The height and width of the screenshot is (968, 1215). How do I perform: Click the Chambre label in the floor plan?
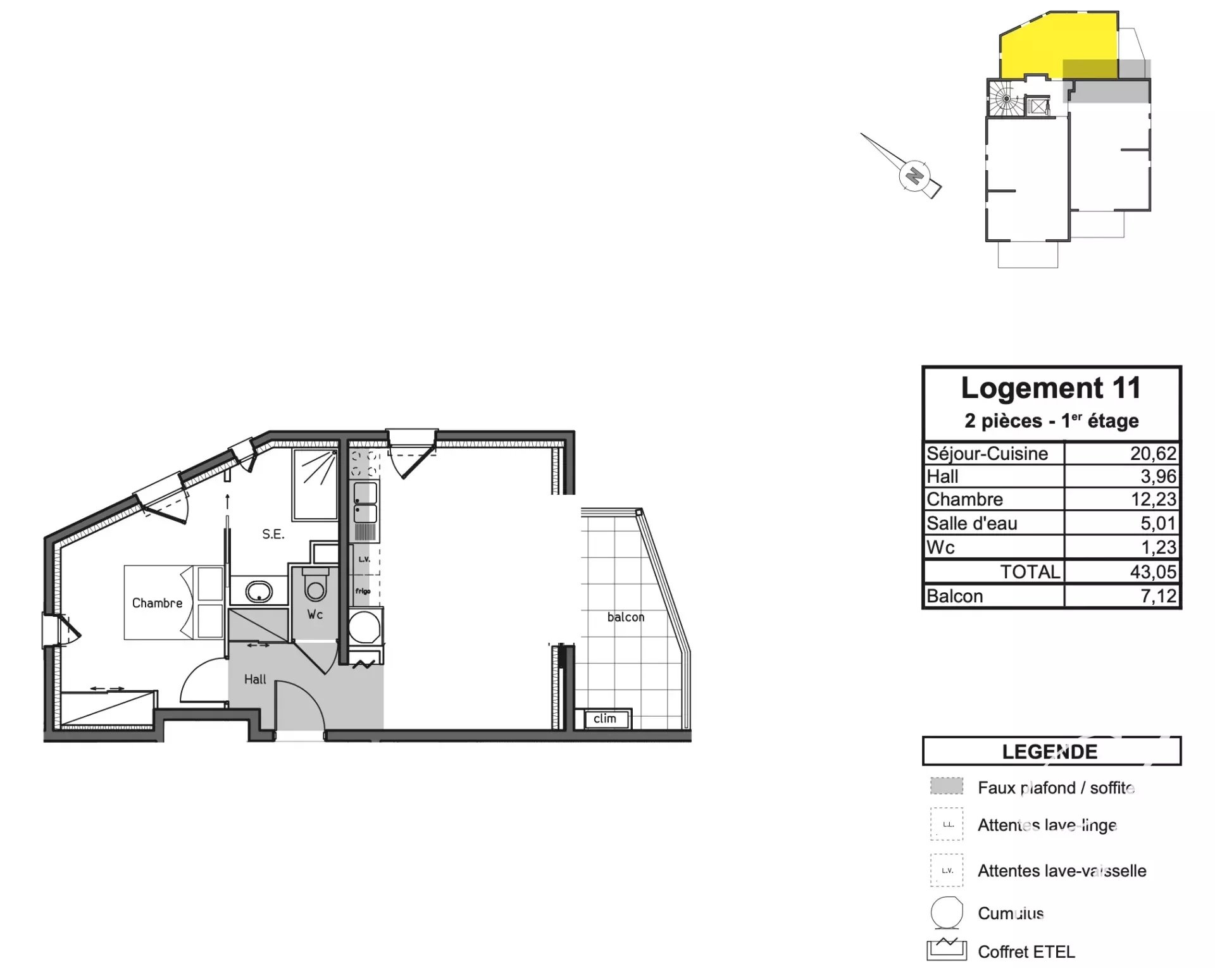point(157,603)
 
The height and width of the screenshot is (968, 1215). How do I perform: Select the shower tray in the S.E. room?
point(315,484)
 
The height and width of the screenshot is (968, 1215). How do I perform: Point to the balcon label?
point(625,617)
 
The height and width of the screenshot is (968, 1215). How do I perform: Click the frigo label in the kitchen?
point(363,592)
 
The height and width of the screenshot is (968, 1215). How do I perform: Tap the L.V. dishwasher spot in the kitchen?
point(364,559)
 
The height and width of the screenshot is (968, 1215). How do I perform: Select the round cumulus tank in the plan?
point(365,627)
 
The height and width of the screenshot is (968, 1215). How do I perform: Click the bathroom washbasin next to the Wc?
point(259,592)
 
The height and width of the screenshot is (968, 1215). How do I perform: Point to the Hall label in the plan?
point(255,679)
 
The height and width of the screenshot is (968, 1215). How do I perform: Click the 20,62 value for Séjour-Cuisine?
point(1153,454)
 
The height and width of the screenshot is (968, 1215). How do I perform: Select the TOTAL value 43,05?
point(1153,572)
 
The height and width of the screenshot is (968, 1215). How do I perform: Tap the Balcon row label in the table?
point(954,596)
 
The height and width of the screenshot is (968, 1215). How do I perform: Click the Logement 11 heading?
point(1050,388)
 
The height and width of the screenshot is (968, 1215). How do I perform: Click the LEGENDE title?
point(1049,752)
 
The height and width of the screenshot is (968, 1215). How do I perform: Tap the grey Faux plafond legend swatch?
point(946,786)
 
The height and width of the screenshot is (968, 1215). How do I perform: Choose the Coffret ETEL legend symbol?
point(946,951)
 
